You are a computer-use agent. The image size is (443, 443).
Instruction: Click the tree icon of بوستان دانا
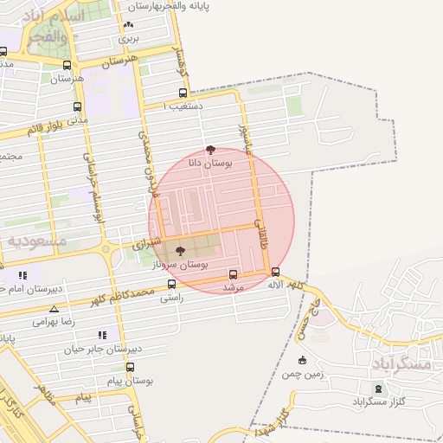tap(210, 150)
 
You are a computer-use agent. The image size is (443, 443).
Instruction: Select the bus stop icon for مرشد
tap(233, 275)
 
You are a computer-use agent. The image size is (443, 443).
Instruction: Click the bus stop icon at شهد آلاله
tap(275, 273)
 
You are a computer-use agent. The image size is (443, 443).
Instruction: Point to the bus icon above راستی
tap(172, 284)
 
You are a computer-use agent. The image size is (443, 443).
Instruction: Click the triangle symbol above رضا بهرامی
tap(55, 309)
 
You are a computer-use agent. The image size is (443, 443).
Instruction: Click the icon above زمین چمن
tap(302, 361)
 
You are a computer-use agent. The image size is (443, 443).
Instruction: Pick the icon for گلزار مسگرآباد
tap(376, 387)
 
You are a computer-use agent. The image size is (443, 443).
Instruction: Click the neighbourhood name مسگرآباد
tap(403, 364)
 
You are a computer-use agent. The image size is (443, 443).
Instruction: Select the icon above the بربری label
tap(129, 26)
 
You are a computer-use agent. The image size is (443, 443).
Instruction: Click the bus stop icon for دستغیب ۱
tap(183, 93)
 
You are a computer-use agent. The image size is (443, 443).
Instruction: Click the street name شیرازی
tap(146, 246)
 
